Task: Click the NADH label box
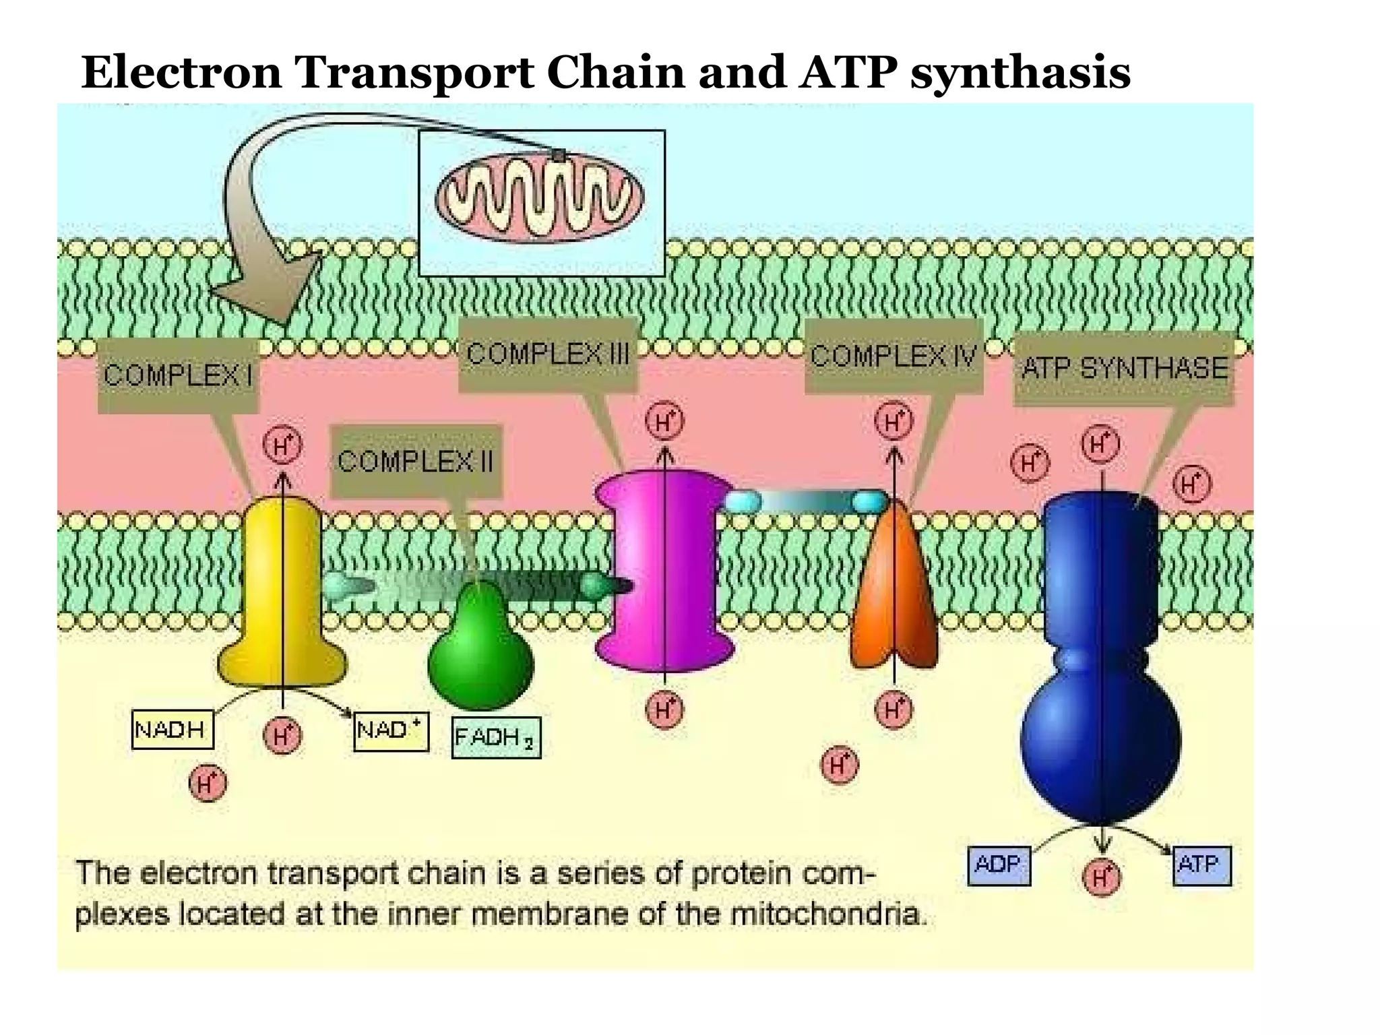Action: [x=172, y=730]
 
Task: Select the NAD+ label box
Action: [x=391, y=731]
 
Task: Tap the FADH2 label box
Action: [x=496, y=738]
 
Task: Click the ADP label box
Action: [x=999, y=865]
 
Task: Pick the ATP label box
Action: [x=1201, y=865]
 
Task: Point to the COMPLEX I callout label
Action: [x=178, y=375]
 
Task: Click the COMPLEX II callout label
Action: [x=416, y=462]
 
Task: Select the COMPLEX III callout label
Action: [x=548, y=354]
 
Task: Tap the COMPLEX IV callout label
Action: [x=893, y=356]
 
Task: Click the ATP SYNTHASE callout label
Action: [x=1124, y=369]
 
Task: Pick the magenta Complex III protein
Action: [x=664, y=573]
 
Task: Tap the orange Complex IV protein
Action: [x=893, y=593]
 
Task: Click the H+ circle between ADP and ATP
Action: [x=1101, y=877]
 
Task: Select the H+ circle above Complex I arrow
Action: [x=282, y=446]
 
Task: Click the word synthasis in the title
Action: [x=1020, y=73]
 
